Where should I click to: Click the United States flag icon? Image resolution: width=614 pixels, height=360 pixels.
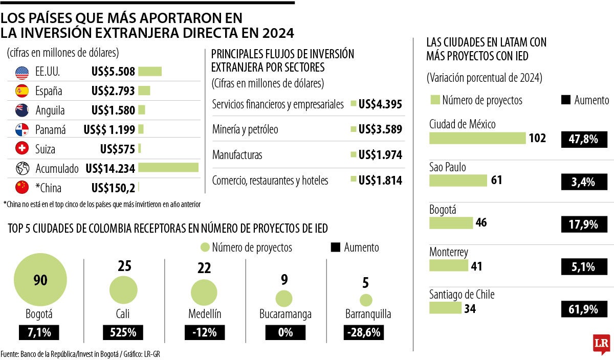point(22,73)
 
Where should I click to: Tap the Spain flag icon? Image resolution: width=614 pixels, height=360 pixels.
point(22,92)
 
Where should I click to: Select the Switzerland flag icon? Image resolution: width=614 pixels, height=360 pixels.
point(22,149)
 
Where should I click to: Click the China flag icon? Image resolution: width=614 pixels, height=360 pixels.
point(22,188)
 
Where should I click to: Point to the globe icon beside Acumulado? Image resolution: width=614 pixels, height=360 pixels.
point(22,168)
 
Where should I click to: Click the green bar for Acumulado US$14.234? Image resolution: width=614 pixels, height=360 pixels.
point(168,168)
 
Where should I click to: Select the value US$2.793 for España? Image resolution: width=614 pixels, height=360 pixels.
point(113,92)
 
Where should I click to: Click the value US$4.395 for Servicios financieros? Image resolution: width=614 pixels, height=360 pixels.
point(380,104)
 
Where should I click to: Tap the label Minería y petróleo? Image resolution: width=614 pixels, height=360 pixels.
point(245,129)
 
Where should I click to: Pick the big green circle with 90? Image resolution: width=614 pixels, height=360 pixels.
point(40,281)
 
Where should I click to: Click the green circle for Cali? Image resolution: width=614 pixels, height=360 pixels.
point(123,290)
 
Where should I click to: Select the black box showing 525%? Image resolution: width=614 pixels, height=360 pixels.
point(123,332)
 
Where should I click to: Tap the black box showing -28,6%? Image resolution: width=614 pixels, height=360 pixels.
point(364,332)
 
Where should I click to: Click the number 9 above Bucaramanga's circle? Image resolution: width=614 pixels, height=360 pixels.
point(284,280)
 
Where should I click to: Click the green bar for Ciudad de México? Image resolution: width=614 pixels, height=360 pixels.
point(477,138)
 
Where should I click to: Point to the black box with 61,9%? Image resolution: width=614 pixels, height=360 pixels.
point(584,309)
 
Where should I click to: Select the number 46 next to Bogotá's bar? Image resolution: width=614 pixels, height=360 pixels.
point(481,223)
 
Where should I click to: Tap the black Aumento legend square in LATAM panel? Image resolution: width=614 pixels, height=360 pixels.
point(566,100)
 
